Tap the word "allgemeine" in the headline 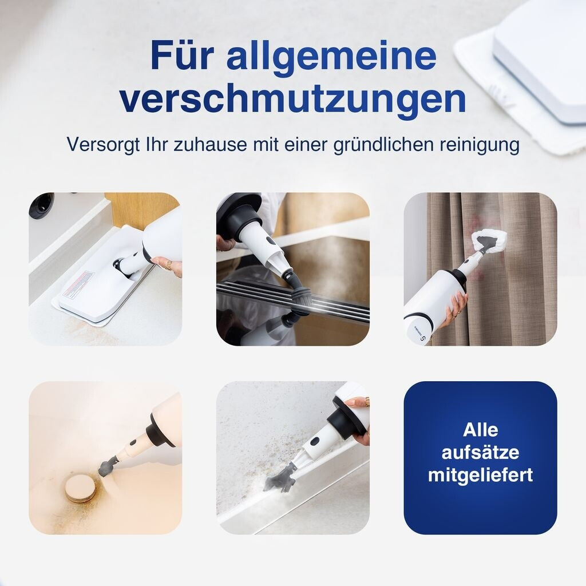(331, 57)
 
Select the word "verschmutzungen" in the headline (292, 99)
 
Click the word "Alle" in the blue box (480, 430)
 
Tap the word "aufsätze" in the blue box (480, 452)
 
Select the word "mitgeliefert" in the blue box (480, 476)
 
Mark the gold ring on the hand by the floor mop (169, 265)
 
